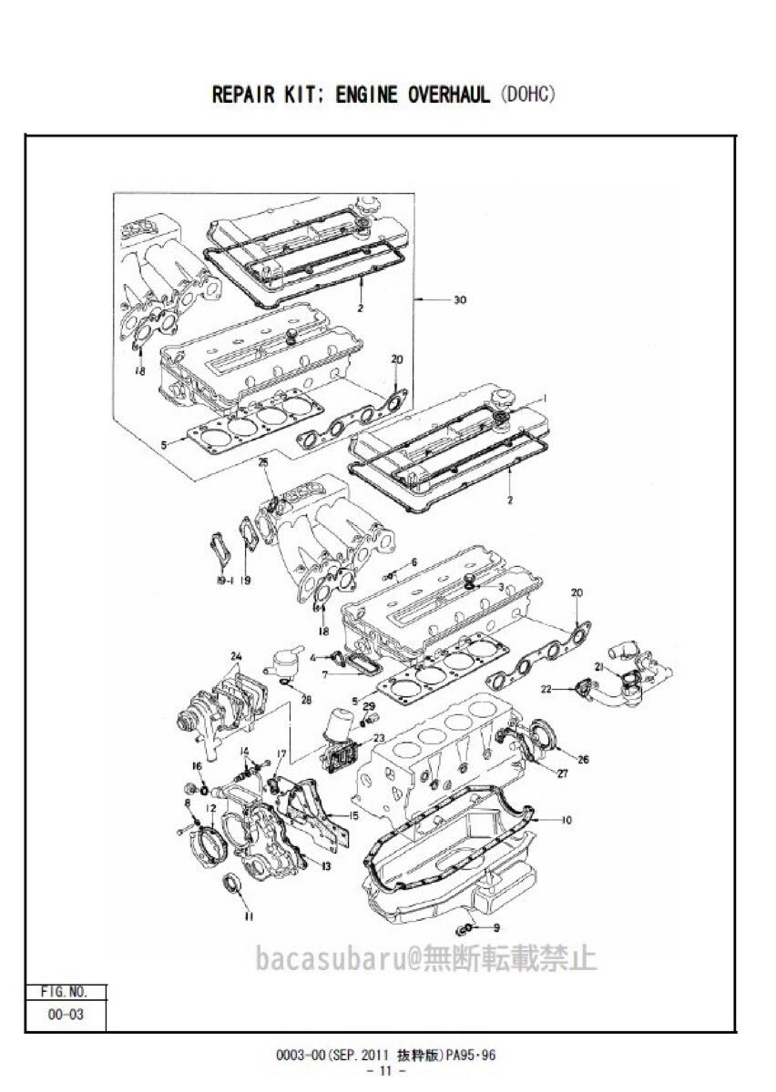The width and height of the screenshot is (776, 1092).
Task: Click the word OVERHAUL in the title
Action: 449,95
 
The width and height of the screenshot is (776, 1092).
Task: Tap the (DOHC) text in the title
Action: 528,94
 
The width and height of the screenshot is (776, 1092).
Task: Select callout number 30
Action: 460,299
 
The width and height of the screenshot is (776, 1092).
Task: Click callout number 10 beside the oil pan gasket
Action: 567,820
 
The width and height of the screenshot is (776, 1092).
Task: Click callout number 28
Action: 307,700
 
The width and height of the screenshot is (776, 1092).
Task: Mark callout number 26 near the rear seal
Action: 583,759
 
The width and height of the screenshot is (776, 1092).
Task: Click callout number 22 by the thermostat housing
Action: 547,689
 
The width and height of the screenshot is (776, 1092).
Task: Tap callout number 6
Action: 414,562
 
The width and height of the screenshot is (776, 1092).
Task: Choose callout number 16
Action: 197,767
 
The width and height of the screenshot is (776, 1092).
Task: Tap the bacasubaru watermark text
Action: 426,957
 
